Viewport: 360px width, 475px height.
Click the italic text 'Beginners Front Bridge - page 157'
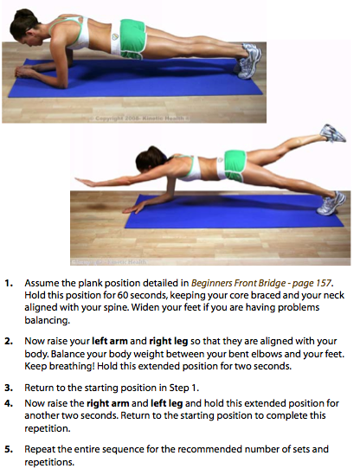tap(261, 283)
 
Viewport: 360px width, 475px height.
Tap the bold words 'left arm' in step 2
tap(109, 341)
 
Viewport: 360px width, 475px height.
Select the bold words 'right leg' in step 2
tap(169, 342)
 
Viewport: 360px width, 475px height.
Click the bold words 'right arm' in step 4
tap(108, 403)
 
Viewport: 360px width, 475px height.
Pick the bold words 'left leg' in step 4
tap(167, 403)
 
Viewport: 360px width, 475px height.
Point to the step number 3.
tap(8, 388)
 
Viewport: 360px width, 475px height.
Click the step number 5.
tap(8, 449)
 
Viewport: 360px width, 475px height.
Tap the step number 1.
tap(8, 283)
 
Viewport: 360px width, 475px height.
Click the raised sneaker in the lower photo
tap(332, 133)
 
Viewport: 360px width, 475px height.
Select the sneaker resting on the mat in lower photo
tap(331, 203)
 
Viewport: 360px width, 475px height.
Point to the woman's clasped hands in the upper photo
tap(23, 72)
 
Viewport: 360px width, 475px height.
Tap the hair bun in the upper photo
tap(22, 14)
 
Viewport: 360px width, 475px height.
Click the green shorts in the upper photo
tap(132, 39)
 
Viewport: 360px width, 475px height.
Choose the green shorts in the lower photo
tap(235, 166)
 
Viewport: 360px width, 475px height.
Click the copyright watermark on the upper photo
tap(139, 119)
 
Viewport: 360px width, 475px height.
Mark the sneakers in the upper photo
tap(249, 61)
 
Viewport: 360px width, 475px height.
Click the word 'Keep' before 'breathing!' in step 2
tap(35, 366)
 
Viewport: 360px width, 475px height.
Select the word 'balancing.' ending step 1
tap(48, 320)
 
